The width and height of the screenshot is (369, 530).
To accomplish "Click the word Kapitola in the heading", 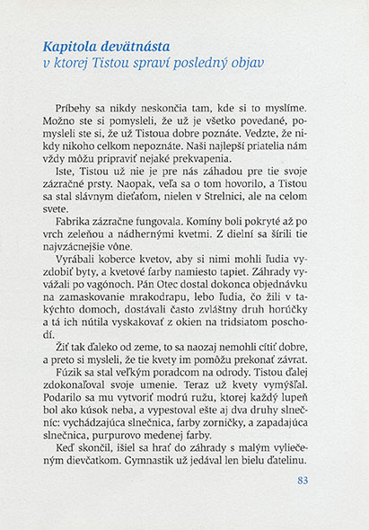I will (x=72, y=45).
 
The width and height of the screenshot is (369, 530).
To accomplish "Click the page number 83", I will (x=302, y=481).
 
